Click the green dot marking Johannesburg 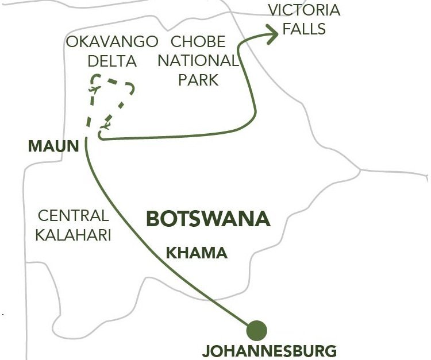[256, 330]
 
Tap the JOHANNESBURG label [271, 350]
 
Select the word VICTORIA [305, 10]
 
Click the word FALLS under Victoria [305, 29]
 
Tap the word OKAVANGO [112, 42]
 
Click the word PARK [198, 80]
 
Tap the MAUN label [53, 146]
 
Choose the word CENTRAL [73, 216]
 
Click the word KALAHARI [73, 235]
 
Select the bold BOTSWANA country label [208, 219]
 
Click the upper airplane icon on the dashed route [93, 90]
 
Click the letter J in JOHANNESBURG [208, 350]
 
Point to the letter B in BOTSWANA [153, 219]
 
